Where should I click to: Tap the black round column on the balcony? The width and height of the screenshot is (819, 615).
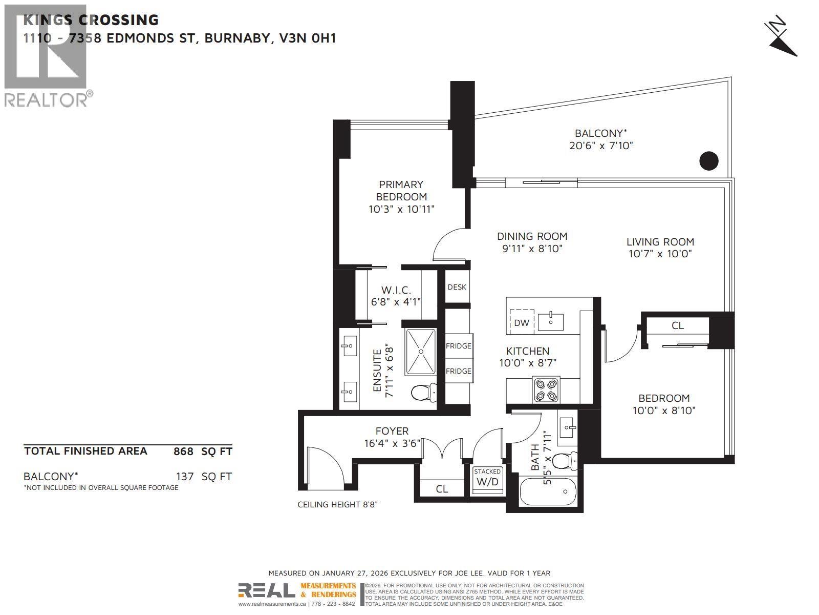[x=709, y=161]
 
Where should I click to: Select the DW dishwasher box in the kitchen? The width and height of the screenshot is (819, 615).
[x=522, y=322]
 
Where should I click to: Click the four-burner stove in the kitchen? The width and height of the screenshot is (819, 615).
[x=546, y=389]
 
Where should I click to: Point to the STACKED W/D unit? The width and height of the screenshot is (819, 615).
[x=487, y=478]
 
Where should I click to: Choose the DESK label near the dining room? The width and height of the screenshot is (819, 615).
[x=457, y=287]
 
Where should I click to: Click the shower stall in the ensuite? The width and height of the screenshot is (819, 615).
[x=421, y=352]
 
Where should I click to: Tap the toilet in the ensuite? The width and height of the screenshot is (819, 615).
[x=423, y=393]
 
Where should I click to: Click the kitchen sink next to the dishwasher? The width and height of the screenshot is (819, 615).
[x=551, y=321]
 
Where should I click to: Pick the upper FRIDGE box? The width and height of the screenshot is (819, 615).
[x=458, y=346]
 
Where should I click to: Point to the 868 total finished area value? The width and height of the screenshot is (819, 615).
[x=183, y=452]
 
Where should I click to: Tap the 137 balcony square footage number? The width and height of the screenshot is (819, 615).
[x=185, y=477]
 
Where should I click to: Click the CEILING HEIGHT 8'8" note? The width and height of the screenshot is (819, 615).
[x=337, y=505]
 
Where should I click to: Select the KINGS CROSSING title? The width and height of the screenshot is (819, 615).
[x=91, y=20]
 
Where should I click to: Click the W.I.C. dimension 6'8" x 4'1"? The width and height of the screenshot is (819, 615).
[x=396, y=302]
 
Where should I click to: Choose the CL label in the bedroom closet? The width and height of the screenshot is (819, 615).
[x=677, y=325]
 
